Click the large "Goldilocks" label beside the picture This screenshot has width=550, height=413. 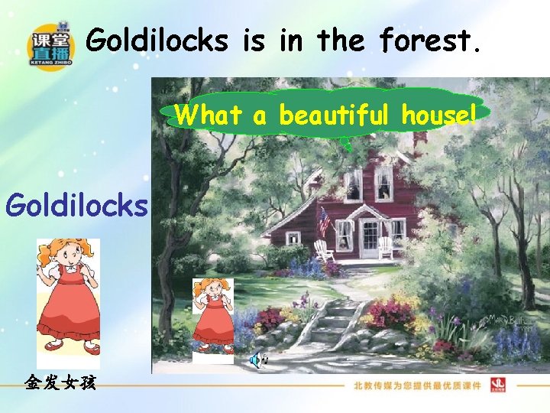coord(76,205)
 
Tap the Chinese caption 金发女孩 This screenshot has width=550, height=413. coord(60,382)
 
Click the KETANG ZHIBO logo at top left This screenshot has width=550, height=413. coord(51,44)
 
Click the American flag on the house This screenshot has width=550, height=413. coord(325,221)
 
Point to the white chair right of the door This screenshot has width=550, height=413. coord(386,247)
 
